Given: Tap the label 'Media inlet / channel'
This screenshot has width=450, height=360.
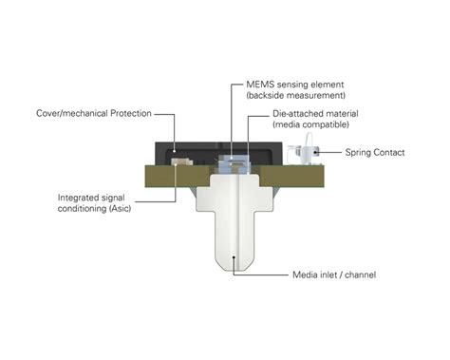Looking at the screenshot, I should click(333, 275).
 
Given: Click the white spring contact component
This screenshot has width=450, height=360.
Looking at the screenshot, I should click(305, 153).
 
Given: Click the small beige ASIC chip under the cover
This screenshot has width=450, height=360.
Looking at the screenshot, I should click(178, 161).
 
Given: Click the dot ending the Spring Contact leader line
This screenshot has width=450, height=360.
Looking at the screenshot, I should click(317, 152).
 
